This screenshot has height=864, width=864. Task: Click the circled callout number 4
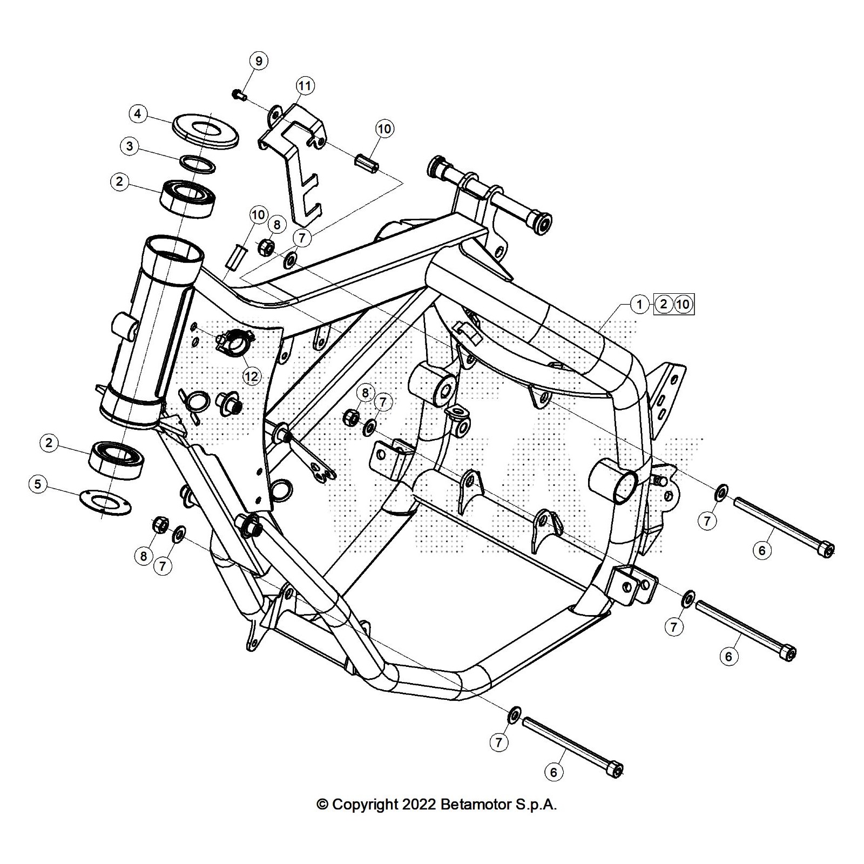click(138, 114)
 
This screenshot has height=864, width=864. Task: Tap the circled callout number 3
click(130, 146)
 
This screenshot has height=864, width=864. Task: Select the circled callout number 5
click(37, 484)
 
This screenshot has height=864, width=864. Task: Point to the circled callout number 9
click(259, 61)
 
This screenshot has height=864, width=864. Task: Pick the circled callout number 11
click(305, 86)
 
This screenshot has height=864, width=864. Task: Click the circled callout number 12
click(252, 376)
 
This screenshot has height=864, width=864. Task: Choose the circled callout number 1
click(639, 305)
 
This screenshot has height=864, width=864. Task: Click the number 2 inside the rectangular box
click(664, 305)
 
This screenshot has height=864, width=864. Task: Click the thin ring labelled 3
click(198, 164)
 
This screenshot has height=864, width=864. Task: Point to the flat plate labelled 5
click(106, 502)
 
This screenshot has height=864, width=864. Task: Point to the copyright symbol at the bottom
click(322, 805)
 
